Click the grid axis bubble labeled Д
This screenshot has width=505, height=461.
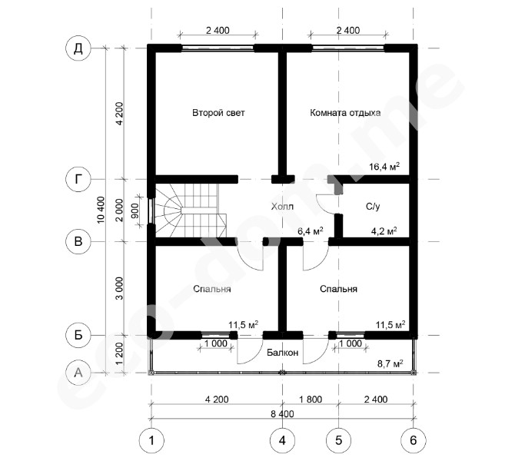coord(78,48)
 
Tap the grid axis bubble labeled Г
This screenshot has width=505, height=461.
coord(78,179)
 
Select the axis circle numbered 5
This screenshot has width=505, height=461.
coord(338,440)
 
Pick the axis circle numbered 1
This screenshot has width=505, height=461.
coord(151,440)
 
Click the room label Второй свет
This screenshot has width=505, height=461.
coord(218,113)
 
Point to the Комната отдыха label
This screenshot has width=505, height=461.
coord(345,113)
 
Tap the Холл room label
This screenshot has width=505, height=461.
coord(282,206)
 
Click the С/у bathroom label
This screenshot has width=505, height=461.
coord(373,206)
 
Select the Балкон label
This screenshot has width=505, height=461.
coord(282,353)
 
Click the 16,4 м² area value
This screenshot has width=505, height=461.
coord(384,167)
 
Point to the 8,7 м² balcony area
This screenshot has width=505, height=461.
coord(390,363)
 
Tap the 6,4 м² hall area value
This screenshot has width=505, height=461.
coord(311,230)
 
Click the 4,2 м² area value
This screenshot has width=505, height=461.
coord(384,230)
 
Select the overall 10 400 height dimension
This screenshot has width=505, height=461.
coord(101,210)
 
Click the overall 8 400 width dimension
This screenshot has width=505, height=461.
coord(282,413)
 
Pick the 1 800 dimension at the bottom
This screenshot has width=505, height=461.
coord(311,400)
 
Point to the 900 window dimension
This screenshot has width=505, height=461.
coord(135,211)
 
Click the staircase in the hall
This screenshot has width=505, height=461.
coord(191,211)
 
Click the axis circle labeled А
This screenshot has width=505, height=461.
coord(78,373)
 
